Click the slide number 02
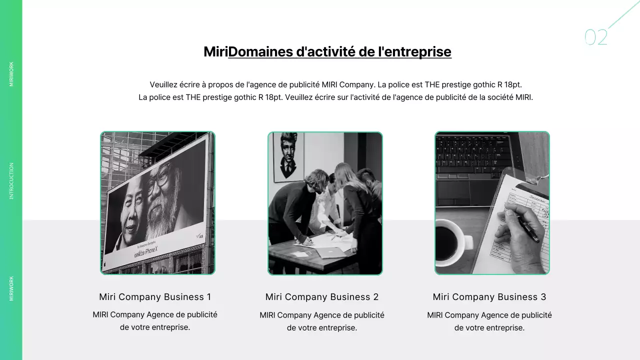[596, 37]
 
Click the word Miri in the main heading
[215, 51]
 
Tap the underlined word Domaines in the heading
[260, 51]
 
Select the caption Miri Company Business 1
[155, 297]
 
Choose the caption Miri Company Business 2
[322, 297]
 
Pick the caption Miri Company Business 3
[489, 297]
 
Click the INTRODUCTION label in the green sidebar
[11, 181]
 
